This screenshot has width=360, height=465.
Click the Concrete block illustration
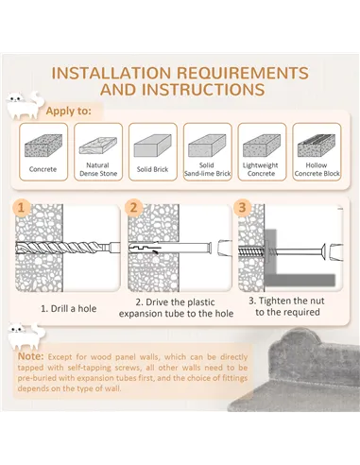point(43,146)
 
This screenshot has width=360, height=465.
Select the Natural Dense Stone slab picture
point(98,146)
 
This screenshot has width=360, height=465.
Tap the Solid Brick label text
point(152,169)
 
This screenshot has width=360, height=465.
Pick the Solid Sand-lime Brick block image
point(207,146)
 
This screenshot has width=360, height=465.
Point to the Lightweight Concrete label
point(261,169)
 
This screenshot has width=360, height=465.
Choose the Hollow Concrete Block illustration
point(317,146)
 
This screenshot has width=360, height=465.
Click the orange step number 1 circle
point(21,208)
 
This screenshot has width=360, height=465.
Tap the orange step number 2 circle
point(133,208)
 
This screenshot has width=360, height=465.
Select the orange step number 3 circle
point(242,208)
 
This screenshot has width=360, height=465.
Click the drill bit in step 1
point(68,248)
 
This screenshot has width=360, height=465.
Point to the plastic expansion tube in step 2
point(170,248)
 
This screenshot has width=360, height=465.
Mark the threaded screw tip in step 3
point(252,251)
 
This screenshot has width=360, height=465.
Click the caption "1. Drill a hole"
point(69,308)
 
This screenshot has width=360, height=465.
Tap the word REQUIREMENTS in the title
point(243,73)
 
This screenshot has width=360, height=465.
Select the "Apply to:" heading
point(68,111)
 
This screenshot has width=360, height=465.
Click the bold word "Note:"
point(31,356)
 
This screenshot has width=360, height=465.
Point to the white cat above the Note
point(26,336)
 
